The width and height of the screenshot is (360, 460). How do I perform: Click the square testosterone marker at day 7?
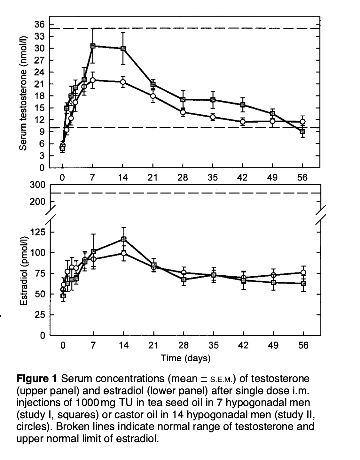(92, 46)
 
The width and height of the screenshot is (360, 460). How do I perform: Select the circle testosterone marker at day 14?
(123, 82)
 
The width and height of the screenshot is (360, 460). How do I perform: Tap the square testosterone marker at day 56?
(303, 132)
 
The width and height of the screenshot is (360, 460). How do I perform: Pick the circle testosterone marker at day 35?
(213, 117)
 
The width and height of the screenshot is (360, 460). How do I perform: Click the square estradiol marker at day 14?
(123, 239)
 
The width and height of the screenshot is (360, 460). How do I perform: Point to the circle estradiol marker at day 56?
(303, 272)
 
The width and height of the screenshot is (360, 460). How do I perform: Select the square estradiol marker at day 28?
(184, 280)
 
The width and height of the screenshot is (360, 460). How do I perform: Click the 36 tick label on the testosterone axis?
(40, 25)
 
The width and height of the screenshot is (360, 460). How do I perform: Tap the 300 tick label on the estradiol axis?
(37, 185)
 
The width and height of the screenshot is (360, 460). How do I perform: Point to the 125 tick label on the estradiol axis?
(37, 233)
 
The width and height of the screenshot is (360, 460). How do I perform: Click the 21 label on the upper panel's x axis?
(153, 177)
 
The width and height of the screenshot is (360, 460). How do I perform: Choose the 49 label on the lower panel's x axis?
(273, 345)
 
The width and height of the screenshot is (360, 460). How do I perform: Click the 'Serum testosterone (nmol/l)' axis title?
(23, 93)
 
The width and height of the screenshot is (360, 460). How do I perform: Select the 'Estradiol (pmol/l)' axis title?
(24, 270)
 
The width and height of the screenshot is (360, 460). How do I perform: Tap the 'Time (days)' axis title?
(185, 358)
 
